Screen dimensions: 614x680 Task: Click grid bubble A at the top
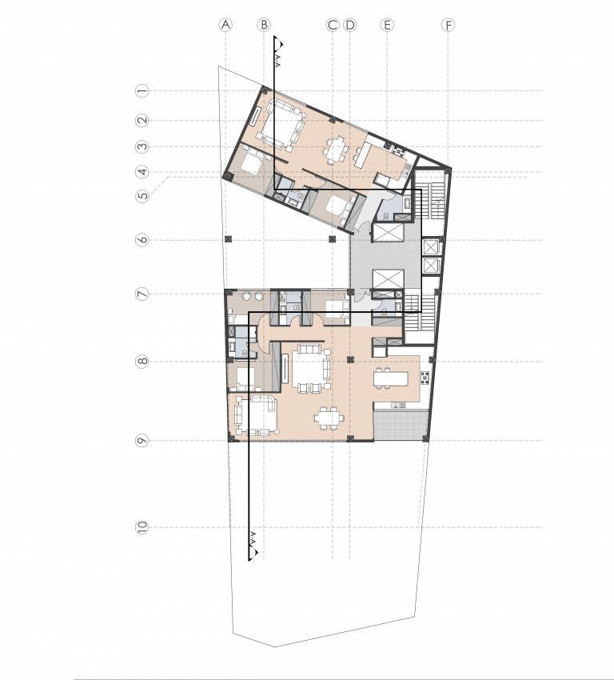(225, 25)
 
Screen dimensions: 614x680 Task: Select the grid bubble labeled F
(448, 25)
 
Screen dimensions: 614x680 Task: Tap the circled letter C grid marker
(333, 25)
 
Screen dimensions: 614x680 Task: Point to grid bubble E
(387, 25)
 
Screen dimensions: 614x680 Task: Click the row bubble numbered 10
(142, 527)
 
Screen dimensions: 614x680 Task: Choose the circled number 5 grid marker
(142, 195)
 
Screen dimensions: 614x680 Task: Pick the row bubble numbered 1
(142, 91)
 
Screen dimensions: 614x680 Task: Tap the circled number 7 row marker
(142, 294)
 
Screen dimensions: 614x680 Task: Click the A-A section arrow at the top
(278, 43)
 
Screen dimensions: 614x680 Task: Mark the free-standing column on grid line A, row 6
(229, 239)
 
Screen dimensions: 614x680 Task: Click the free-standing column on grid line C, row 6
(333, 239)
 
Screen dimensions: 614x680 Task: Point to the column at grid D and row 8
(350, 360)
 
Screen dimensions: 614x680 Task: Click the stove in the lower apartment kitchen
(425, 378)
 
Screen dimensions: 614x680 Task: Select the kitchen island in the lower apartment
(391, 379)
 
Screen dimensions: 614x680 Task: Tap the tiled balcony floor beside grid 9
(401, 425)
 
